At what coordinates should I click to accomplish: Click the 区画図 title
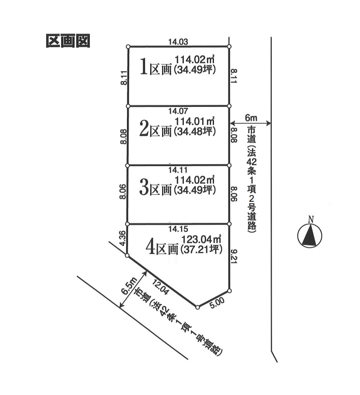[68, 41]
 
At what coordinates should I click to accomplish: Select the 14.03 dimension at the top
[178, 42]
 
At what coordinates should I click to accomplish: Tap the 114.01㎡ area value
[195, 121]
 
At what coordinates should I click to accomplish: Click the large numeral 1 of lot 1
[143, 66]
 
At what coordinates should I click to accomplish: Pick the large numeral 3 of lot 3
[144, 188]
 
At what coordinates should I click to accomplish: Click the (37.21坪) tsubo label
[201, 249]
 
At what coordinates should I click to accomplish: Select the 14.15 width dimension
[178, 229]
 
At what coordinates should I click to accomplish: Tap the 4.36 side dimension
[123, 238]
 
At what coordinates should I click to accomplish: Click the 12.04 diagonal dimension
[160, 287]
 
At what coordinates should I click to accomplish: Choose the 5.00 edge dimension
[216, 302]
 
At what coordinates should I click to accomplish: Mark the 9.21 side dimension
[233, 256]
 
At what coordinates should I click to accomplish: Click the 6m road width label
[251, 117]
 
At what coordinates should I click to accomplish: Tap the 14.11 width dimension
[178, 170]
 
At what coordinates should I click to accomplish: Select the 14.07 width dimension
[178, 110]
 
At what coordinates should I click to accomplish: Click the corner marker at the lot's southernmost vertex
[197, 307]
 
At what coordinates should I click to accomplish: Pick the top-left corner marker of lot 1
[128, 46]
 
